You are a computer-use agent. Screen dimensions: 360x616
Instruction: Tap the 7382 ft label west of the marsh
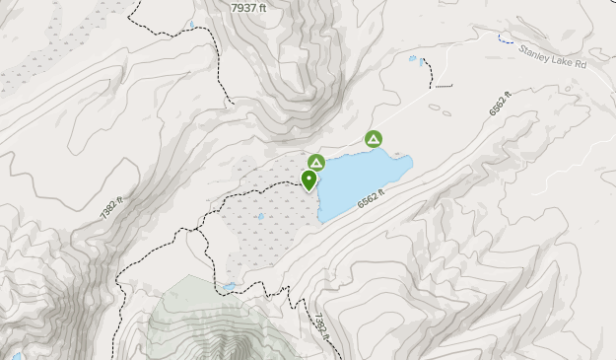(x=112, y=206)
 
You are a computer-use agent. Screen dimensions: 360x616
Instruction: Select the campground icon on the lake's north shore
(x=374, y=140)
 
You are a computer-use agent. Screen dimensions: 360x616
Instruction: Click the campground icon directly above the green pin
(x=316, y=163)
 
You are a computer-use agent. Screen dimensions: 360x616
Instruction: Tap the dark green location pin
(x=309, y=180)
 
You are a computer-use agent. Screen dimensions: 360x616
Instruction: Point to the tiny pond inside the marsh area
(x=260, y=217)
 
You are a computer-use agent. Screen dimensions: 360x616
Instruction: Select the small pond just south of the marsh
(x=229, y=287)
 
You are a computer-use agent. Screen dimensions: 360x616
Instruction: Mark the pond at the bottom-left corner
(x=15, y=355)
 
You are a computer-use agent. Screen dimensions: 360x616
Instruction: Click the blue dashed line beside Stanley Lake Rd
(x=505, y=39)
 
